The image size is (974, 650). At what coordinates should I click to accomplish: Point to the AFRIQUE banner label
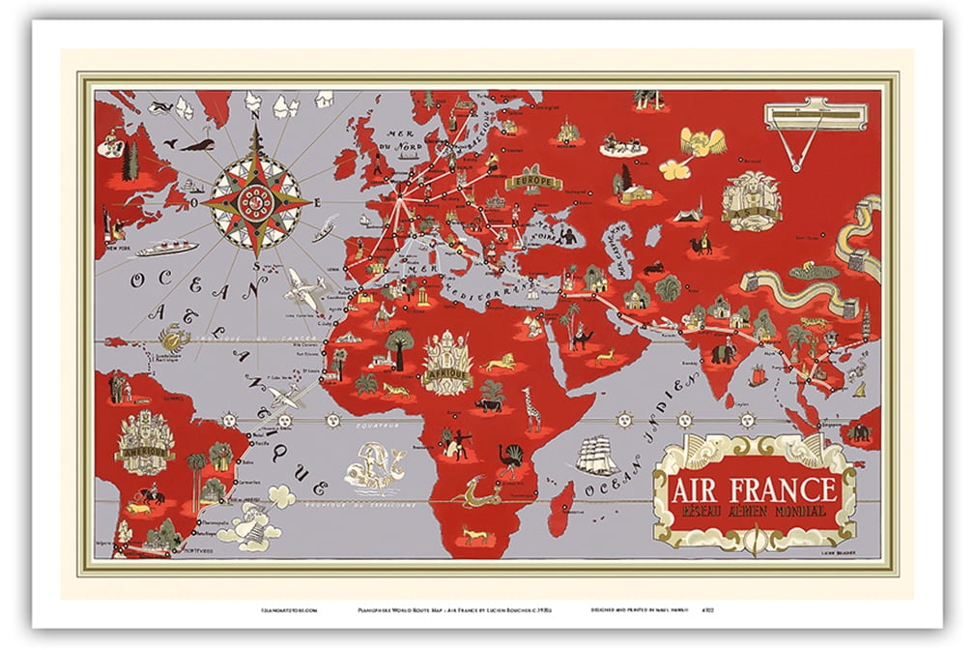(x=445, y=374)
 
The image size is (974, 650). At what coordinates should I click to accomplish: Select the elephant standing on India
(x=724, y=354)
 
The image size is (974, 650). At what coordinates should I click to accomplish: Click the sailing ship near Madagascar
(x=596, y=455)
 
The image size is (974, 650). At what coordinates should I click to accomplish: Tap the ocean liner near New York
(x=166, y=249)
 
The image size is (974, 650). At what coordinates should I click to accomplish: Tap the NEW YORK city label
(x=119, y=248)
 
